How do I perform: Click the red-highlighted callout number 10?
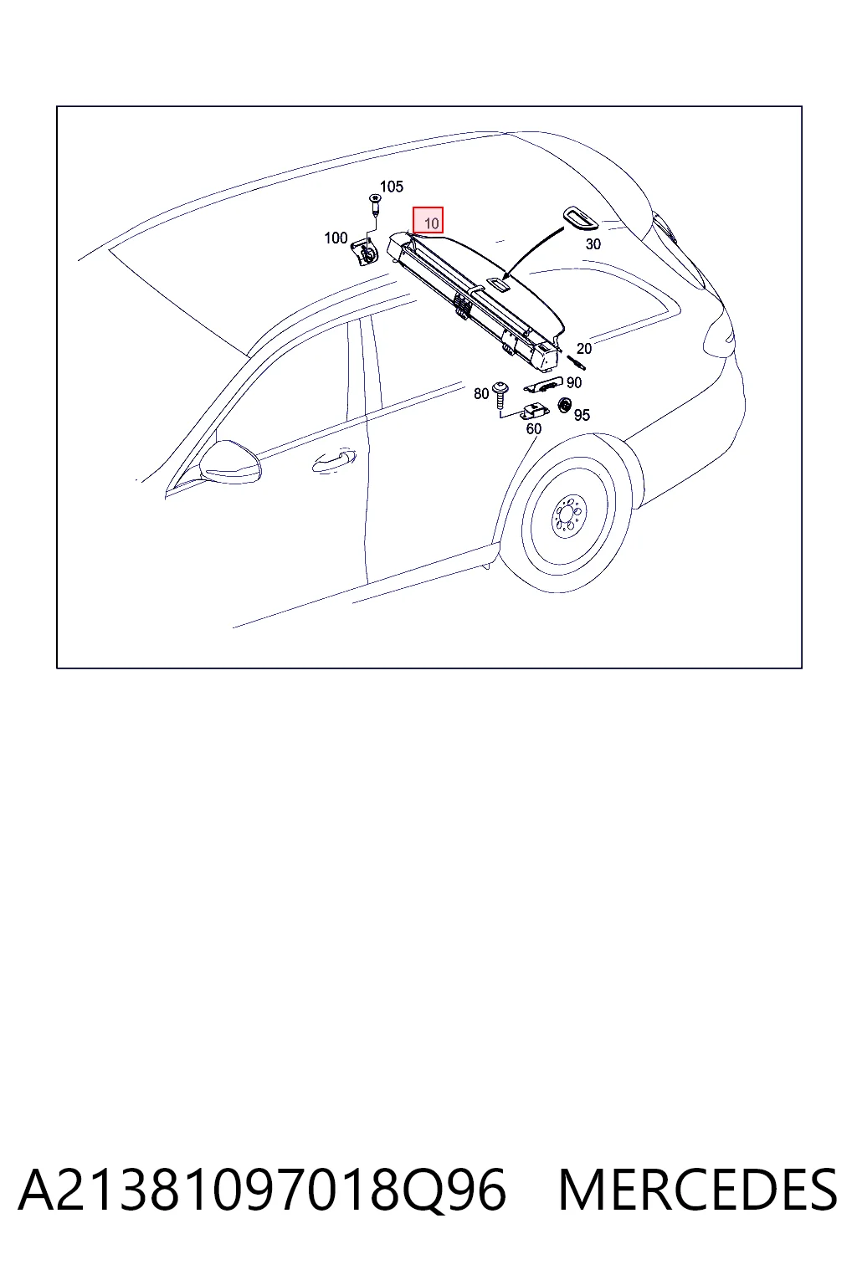(x=431, y=223)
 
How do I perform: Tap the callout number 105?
(x=392, y=187)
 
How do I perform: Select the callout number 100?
(x=336, y=238)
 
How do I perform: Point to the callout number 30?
(x=593, y=243)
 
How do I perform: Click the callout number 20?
(x=584, y=348)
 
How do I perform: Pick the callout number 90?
(x=574, y=382)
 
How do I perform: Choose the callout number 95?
(x=582, y=415)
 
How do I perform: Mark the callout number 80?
(x=481, y=393)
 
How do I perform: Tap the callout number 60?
(x=534, y=428)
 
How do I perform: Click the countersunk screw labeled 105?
(x=375, y=204)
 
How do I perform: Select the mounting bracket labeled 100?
(x=364, y=253)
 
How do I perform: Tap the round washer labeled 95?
(x=565, y=406)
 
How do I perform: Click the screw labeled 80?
(x=500, y=394)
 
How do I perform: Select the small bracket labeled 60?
(x=533, y=412)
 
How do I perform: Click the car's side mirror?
(x=229, y=462)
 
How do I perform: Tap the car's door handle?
(x=333, y=461)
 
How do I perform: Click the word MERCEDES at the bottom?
(x=698, y=1190)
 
